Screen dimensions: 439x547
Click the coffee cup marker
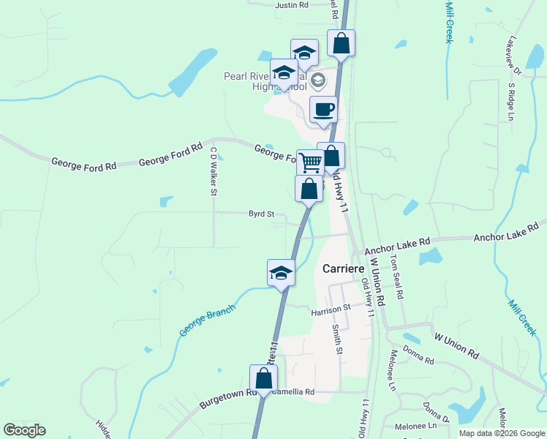point(323,110)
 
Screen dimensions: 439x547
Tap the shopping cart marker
point(310,162)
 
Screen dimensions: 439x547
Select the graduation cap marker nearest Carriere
point(281,274)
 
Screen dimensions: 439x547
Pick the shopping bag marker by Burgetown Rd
point(263,379)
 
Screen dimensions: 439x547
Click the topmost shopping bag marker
point(341,43)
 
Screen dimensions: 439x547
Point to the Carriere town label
point(344,269)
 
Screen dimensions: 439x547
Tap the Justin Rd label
point(292,4)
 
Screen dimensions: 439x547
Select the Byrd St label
point(261,214)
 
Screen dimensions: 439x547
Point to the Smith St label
point(339,339)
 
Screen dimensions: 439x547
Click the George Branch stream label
point(208,321)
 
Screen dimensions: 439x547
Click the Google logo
point(24,430)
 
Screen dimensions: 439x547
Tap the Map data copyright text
point(501,433)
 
